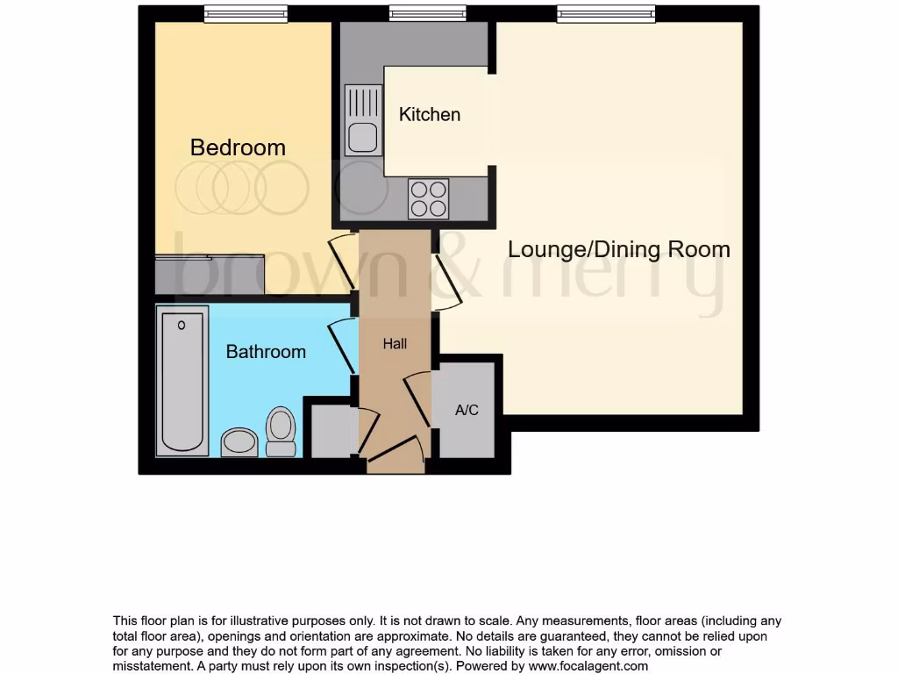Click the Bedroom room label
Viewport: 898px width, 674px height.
click(x=238, y=147)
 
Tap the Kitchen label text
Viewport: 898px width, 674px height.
click(x=429, y=114)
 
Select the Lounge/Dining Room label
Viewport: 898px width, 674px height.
click(x=619, y=249)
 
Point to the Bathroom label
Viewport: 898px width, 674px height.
click(x=266, y=351)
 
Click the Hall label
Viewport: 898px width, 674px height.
click(x=395, y=344)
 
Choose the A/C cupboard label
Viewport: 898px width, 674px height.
click(x=467, y=410)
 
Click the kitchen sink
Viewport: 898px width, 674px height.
click(x=362, y=120)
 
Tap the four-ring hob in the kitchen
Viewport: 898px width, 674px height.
click(x=428, y=198)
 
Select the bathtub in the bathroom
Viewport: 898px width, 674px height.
click(x=182, y=381)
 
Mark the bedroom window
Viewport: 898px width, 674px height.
click(x=246, y=13)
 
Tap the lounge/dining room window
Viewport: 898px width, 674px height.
click(x=605, y=13)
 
